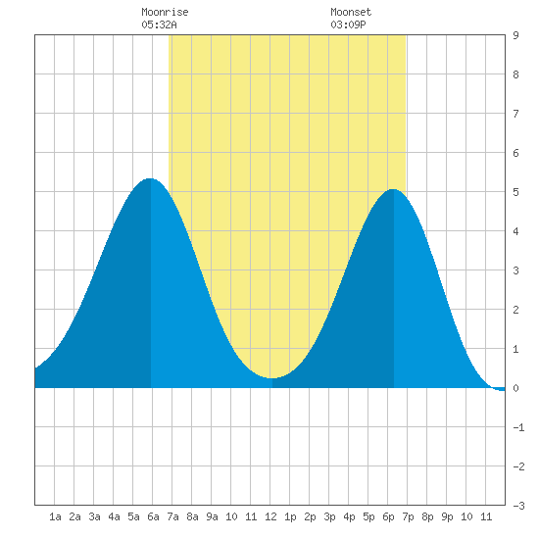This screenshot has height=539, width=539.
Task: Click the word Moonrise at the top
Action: point(165,12)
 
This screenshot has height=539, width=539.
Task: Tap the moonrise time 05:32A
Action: point(159,24)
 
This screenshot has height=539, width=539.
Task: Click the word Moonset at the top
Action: point(351,12)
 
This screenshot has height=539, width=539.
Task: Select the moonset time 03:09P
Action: point(348,24)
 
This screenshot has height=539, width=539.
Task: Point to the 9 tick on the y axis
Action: point(515,35)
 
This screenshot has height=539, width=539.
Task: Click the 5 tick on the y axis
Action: point(515,192)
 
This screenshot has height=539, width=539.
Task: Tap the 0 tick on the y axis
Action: point(515,388)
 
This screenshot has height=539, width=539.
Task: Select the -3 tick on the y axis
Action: point(518,506)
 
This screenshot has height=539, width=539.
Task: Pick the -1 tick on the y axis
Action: point(518,427)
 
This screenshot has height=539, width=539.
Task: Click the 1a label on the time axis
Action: point(55,516)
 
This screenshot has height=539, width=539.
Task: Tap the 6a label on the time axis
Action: point(153,516)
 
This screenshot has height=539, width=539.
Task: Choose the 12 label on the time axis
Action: point(270,516)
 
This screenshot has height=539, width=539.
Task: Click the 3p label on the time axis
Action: point(329,516)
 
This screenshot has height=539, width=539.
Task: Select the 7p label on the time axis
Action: point(408,516)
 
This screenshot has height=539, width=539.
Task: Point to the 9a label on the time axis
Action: point(212,516)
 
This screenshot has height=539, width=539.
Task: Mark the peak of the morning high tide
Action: point(150,178)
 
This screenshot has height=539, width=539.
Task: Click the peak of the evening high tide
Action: point(393,189)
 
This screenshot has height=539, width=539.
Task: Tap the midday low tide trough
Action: point(271,378)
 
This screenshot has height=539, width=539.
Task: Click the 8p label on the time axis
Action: point(427,516)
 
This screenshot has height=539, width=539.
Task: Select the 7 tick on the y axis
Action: point(515,114)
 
